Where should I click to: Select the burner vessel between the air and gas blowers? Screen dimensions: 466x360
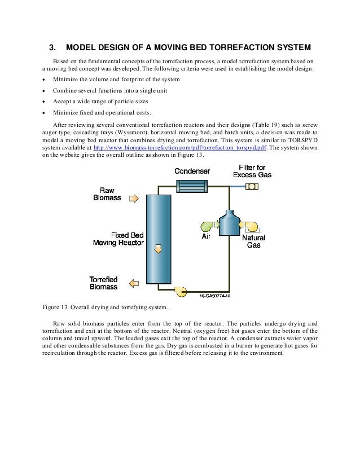pos(229,224)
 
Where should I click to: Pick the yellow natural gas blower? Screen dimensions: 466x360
pos(251,226)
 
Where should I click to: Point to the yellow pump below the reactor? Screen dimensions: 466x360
pos(181,291)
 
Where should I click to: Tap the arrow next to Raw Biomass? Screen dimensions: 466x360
pos(133,199)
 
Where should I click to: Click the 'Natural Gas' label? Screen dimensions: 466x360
pos(254,241)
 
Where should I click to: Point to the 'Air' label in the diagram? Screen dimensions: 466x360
pos(207,238)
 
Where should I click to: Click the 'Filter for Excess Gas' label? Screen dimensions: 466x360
pos(252,171)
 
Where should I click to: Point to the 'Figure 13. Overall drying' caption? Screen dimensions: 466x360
pos(105,307)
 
